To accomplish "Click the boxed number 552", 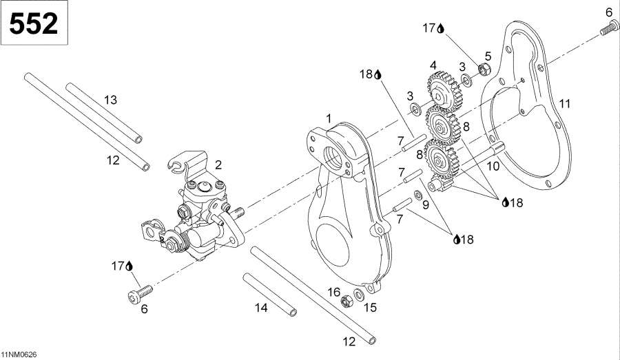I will [34, 24].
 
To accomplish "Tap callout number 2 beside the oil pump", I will [218, 165].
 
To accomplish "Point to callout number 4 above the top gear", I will [433, 65].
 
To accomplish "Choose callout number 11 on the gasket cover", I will [565, 104].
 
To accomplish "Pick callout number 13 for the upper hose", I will [110, 100].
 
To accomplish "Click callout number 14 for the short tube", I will [260, 308].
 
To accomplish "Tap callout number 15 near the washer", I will [370, 307].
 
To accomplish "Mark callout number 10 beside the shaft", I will [493, 166].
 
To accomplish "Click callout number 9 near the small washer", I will [425, 204].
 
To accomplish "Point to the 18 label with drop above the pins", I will [369, 74].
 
